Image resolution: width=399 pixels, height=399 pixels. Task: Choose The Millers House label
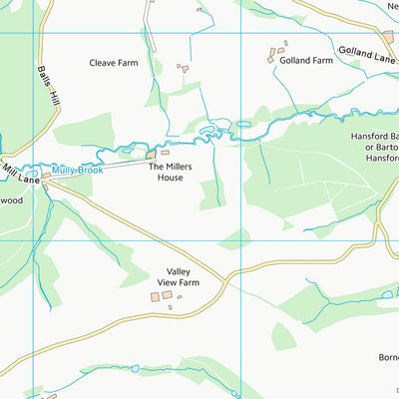pyautogui.click(x=171, y=173)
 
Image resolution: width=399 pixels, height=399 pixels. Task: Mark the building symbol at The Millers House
pyautogui.click(x=151, y=155)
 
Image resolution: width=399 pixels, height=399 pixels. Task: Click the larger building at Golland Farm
pyautogui.click(x=271, y=58)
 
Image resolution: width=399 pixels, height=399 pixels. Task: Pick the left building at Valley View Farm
pyautogui.click(x=155, y=296)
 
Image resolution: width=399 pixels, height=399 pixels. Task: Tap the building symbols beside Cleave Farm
pyautogui.click(x=183, y=69)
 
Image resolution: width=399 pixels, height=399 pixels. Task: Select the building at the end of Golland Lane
pyautogui.click(x=388, y=37)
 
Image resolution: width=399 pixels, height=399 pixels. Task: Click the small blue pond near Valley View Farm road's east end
pyautogui.click(x=386, y=294)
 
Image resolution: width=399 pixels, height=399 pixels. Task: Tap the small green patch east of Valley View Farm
pyautogui.click(x=235, y=238)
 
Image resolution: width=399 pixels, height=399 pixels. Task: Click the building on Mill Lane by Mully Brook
pyautogui.click(x=46, y=175)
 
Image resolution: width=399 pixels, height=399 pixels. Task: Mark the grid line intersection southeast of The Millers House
pyautogui.click(x=242, y=239)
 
